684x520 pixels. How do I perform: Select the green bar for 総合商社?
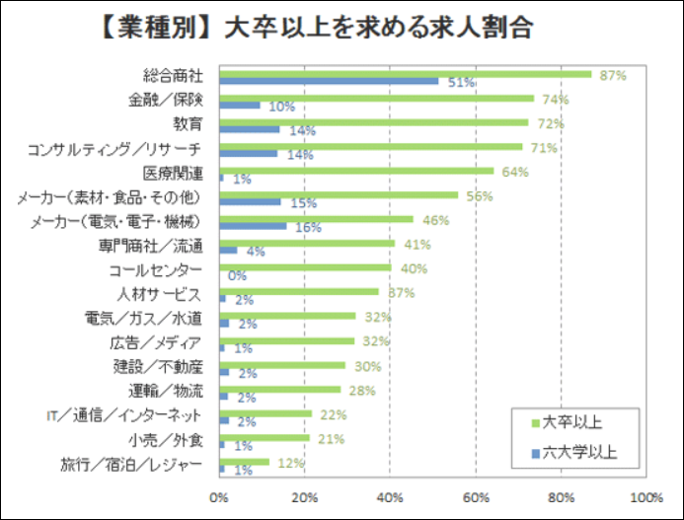point(405,74)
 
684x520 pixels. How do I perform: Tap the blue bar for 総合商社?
point(329,81)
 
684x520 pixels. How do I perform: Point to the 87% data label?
point(614,74)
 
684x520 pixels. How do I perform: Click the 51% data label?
point(461,84)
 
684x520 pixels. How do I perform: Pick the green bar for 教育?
point(373,122)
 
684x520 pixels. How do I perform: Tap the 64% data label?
point(516,172)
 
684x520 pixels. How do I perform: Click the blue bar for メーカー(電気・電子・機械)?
point(253,226)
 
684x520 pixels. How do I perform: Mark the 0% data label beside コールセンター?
point(237,276)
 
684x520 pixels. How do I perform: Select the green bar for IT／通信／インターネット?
point(266,413)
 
